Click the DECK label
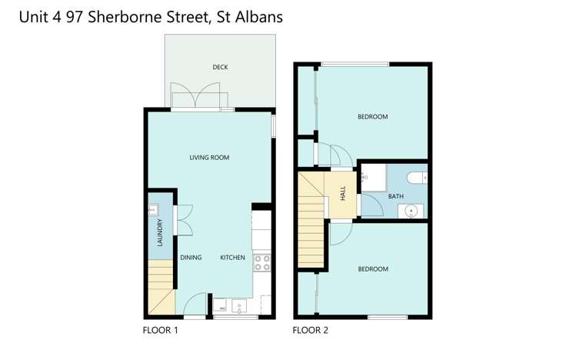(x=220, y=68)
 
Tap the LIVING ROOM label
(x=210, y=158)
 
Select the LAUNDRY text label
(x=160, y=232)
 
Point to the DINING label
(x=191, y=258)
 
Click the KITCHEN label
(x=233, y=258)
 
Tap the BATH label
(x=395, y=196)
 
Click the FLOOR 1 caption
(x=161, y=332)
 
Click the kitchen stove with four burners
(x=262, y=263)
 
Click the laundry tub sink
(x=153, y=208)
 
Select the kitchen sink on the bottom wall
(x=238, y=306)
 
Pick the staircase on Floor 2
(x=312, y=223)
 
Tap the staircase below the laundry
(x=161, y=287)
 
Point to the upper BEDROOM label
(x=373, y=117)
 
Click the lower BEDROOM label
(x=373, y=269)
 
